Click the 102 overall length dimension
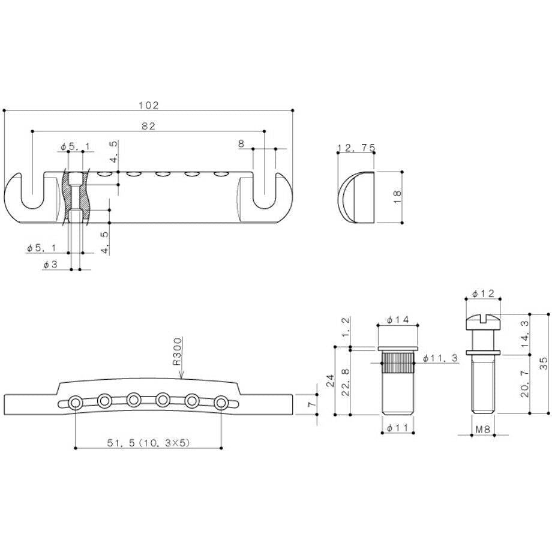(x=149, y=105)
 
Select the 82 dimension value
(x=148, y=126)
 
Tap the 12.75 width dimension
(x=356, y=148)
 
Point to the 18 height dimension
(x=397, y=197)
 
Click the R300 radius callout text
(x=178, y=352)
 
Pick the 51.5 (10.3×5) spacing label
(x=148, y=443)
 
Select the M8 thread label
(x=482, y=429)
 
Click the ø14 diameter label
(x=398, y=320)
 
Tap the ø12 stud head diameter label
(x=484, y=293)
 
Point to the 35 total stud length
(x=544, y=363)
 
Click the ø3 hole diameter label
(x=50, y=265)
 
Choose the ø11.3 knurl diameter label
(x=440, y=358)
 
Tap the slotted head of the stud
(x=484, y=322)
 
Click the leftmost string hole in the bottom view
(x=76, y=403)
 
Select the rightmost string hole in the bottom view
(x=221, y=403)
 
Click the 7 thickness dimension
(x=311, y=404)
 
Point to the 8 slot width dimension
(x=241, y=143)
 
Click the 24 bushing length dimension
(x=330, y=381)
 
